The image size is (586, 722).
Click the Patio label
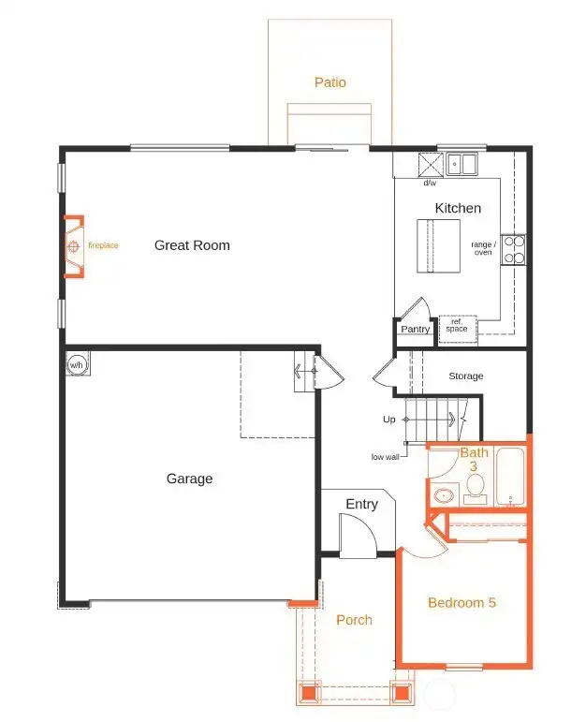click(330, 82)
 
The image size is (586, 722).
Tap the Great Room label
click(192, 245)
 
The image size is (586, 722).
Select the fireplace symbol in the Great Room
click(72, 246)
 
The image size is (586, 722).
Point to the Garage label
click(189, 479)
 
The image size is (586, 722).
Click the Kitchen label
click(458, 208)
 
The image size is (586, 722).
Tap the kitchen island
click(438, 246)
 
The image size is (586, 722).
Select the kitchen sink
click(461, 166)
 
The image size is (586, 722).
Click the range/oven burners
click(514, 248)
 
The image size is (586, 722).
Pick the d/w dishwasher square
click(429, 165)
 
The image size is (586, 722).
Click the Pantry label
click(415, 329)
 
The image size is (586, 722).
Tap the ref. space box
click(457, 326)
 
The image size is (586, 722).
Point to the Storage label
click(465, 376)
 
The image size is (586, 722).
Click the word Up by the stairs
click(388, 420)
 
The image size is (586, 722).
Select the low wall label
click(386, 457)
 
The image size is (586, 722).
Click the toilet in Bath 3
click(476, 485)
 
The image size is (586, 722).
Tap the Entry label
click(361, 505)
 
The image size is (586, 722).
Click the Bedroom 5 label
click(461, 602)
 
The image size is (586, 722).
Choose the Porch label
click(354, 620)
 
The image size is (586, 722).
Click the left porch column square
click(307, 694)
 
